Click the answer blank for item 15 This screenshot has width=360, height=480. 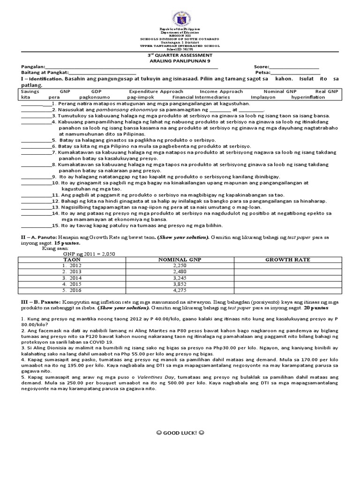tap(36, 225)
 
